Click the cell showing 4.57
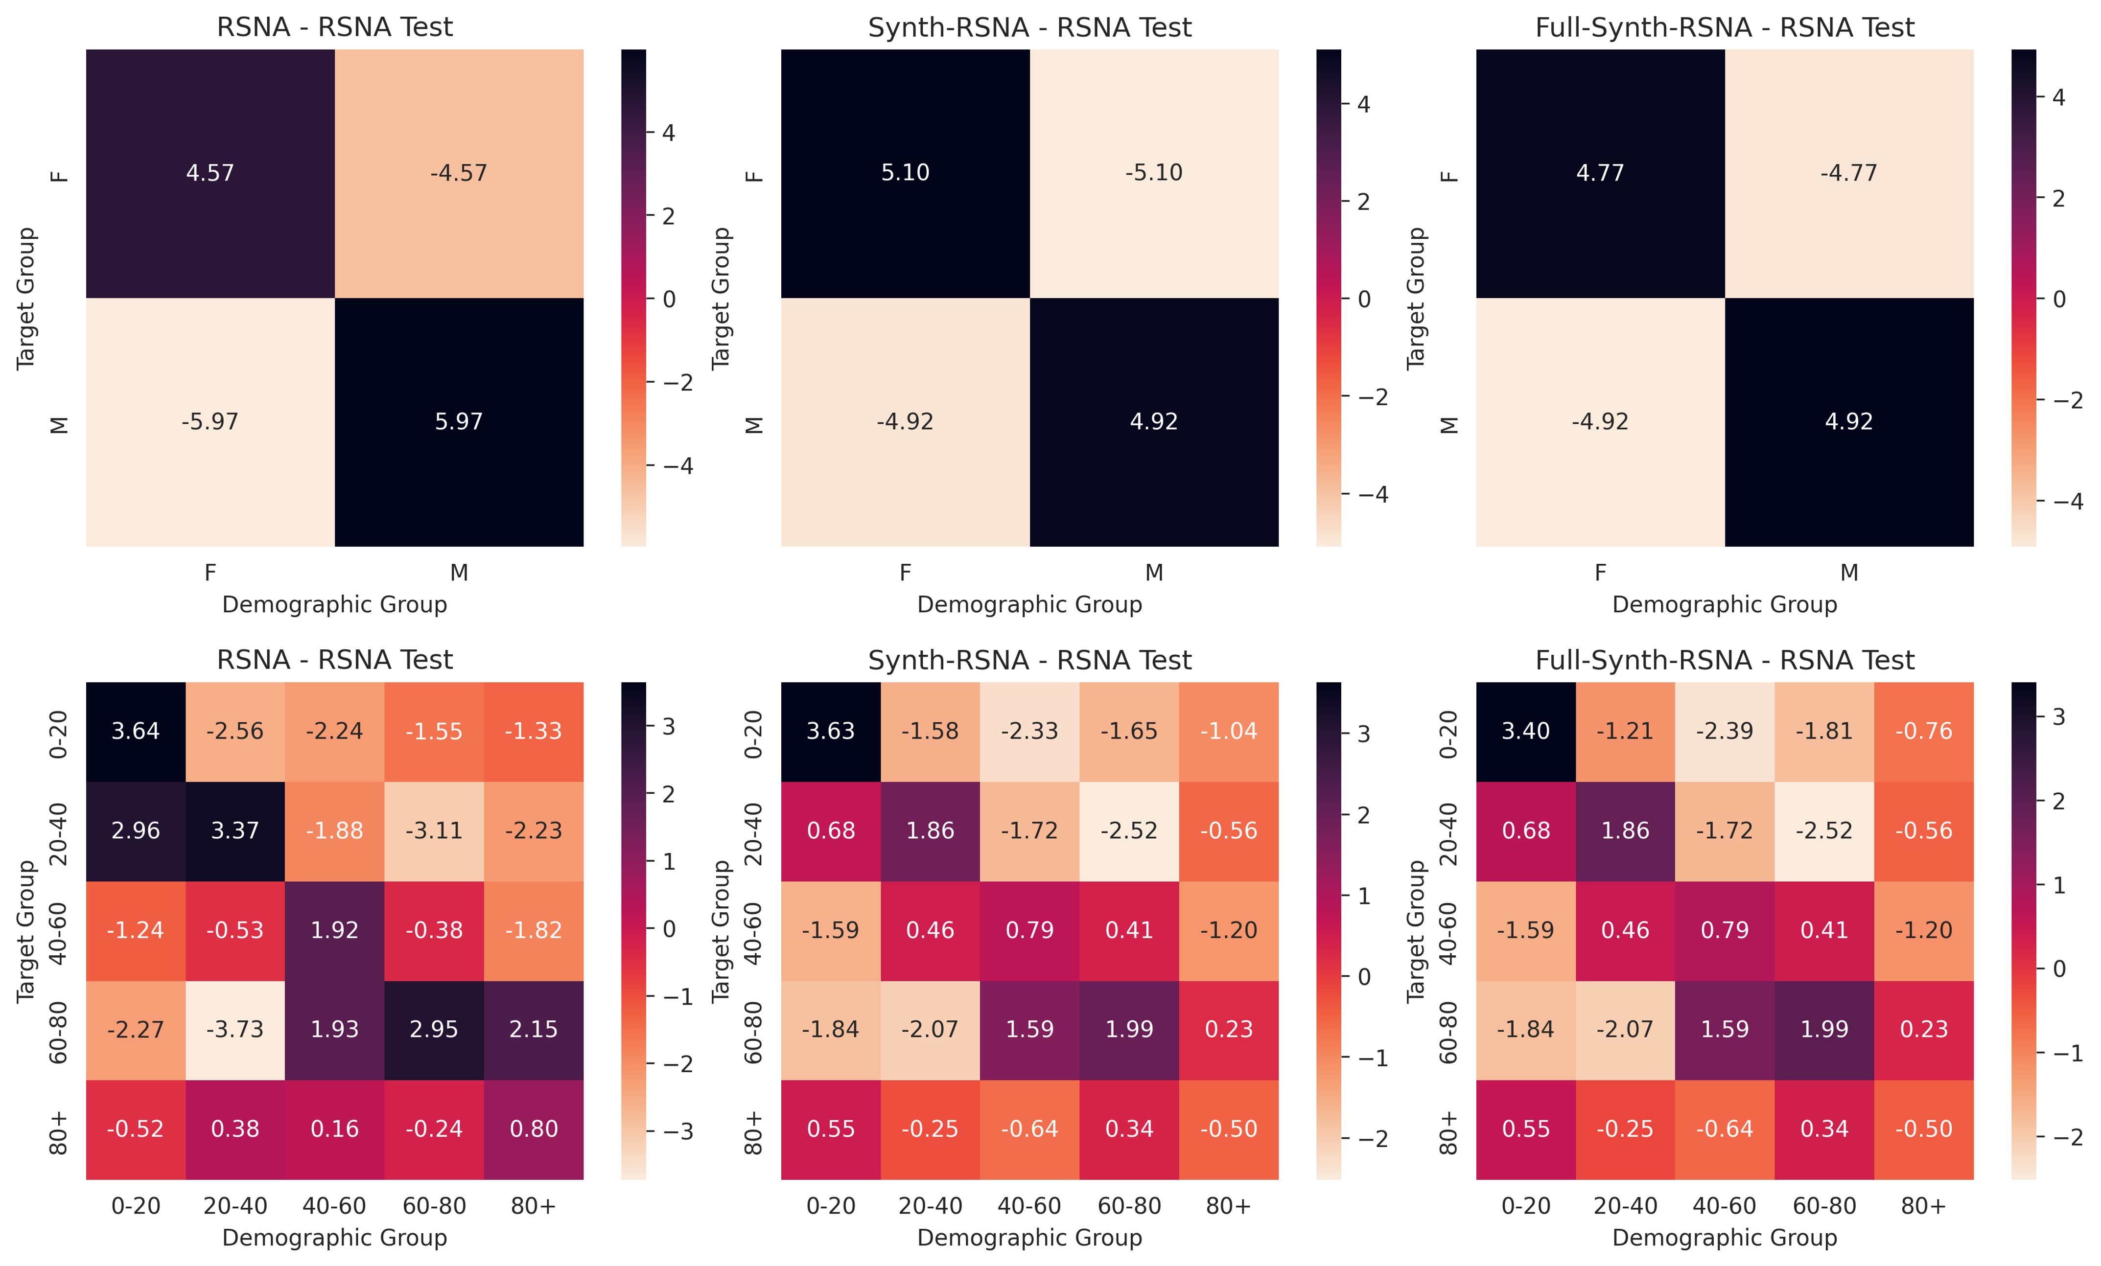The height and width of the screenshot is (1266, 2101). [210, 173]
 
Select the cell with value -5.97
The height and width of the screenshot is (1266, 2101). [210, 422]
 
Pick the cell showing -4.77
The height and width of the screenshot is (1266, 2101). [1848, 173]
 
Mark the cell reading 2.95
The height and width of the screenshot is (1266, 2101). [434, 1030]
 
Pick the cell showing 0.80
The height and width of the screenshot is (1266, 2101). [534, 1129]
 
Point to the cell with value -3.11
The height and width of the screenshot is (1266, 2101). [434, 830]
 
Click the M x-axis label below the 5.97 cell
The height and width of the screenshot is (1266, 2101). [459, 573]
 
